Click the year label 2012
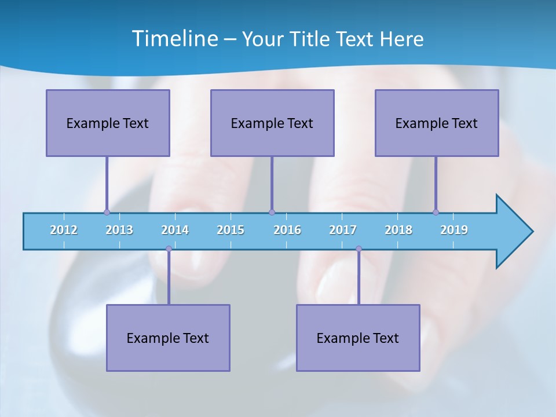(64, 230)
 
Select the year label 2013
(119, 230)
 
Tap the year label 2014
(175, 230)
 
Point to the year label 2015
(231, 230)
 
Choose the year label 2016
(287, 230)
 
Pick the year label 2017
(343, 230)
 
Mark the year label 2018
(398, 230)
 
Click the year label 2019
(454, 230)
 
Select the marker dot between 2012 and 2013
(107, 212)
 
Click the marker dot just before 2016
(272, 212)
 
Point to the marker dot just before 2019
(436, 212)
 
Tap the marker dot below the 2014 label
(169, 248)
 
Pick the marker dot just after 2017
(359, 248)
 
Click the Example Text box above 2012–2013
(108, 123)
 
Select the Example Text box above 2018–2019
(437, 123)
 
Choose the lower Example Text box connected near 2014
(168, 338)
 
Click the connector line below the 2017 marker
(359, 277)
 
